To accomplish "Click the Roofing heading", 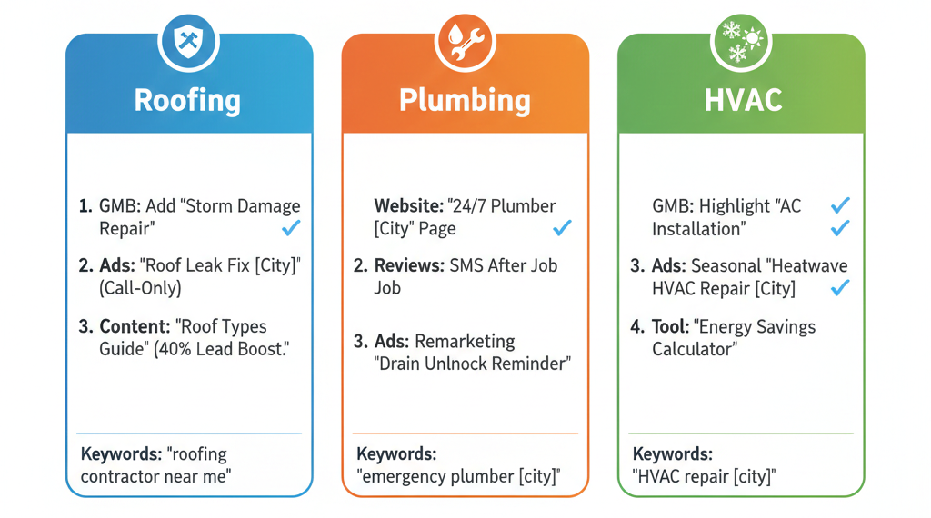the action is (x=187, y=100).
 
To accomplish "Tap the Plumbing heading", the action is (x=465, y=100).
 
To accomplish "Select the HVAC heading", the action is (x=743, y=100).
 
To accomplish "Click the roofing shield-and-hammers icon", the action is (x=188, y=41).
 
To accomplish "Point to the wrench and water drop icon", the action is (x=465, y=41).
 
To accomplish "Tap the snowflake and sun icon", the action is (x=741, y=41).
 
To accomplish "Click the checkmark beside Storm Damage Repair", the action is (x=291, y=228).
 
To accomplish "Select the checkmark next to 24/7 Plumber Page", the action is (x=562, y=228).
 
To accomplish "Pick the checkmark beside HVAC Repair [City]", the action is (x=839, y=288).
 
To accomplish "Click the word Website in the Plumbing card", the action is (x=408, y=206).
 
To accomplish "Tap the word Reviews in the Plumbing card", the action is (x=409, y=265).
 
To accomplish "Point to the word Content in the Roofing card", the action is (x=135, y=326).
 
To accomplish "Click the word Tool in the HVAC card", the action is (x=670, y=326).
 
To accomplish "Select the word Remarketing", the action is (x=465, y=341).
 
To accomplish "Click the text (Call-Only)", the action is (x=140, y=288).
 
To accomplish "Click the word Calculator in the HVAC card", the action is (x=695, y=349).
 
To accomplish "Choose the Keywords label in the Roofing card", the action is (x=121, y=453).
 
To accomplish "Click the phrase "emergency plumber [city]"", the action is (x=458, y=476).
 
